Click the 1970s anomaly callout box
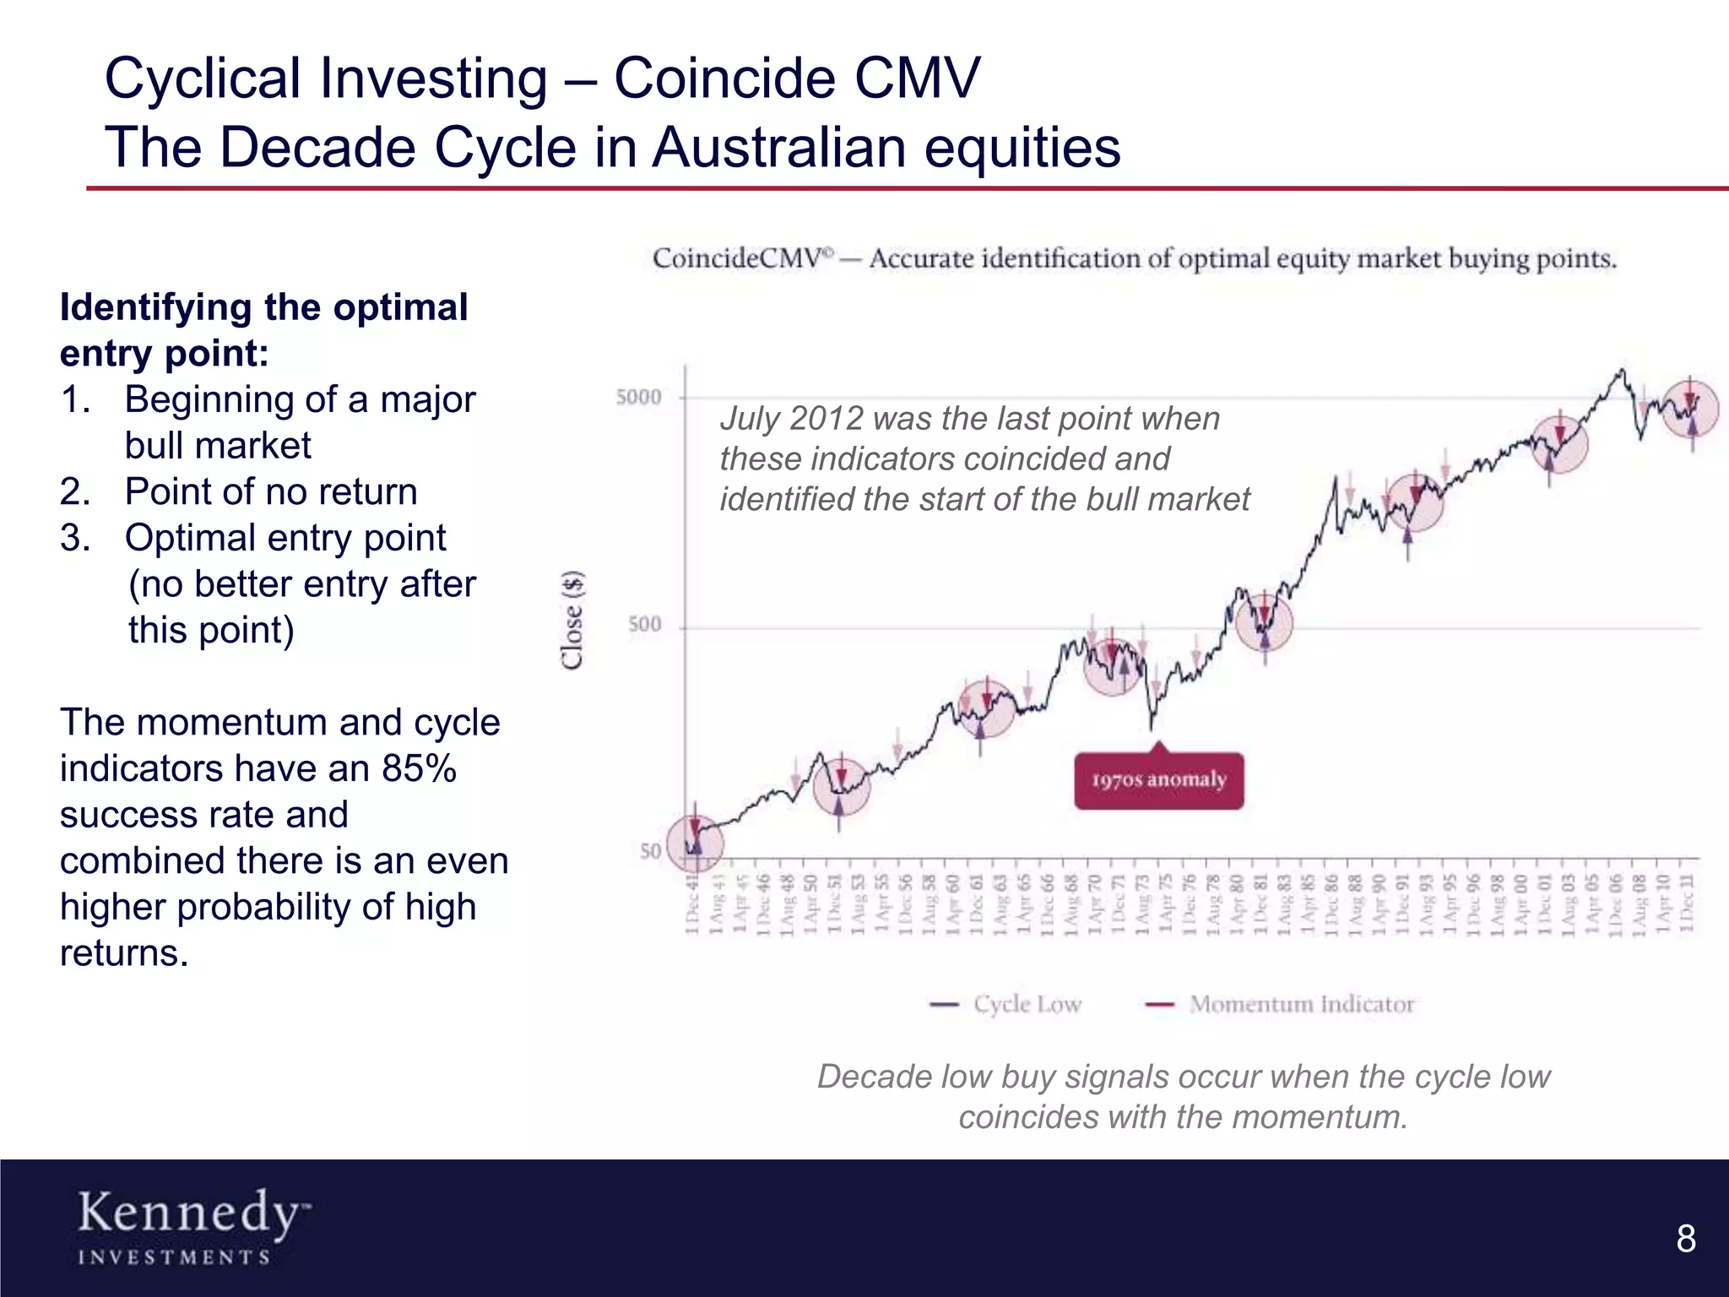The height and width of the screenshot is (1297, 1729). [x=1158, y=780]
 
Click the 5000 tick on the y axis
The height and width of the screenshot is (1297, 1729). [x=639, y=397]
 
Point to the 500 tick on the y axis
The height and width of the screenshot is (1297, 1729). [x=645, y=625]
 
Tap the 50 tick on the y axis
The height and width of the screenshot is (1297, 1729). [x=650, y=851]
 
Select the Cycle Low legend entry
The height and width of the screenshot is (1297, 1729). [x=1006, y=1004]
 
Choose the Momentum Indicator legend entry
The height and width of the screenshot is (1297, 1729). [x=1281, y=1004]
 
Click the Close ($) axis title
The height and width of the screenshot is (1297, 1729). [x=573, y=621]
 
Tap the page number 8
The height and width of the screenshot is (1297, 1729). [x=1685, y=1239]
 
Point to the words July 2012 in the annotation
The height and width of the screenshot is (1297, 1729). [x=792, y=419]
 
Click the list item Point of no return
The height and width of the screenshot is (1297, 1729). [x=270, y=491]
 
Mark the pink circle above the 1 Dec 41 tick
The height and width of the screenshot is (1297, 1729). [x=695, y=844]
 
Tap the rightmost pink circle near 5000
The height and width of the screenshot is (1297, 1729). [x=1690, y=409]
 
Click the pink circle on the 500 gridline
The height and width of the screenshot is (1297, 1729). [x=1264, y=622]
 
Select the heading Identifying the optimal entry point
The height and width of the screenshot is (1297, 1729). [x=263, y=330]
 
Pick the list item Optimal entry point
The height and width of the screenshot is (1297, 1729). [x=285, y=538]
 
